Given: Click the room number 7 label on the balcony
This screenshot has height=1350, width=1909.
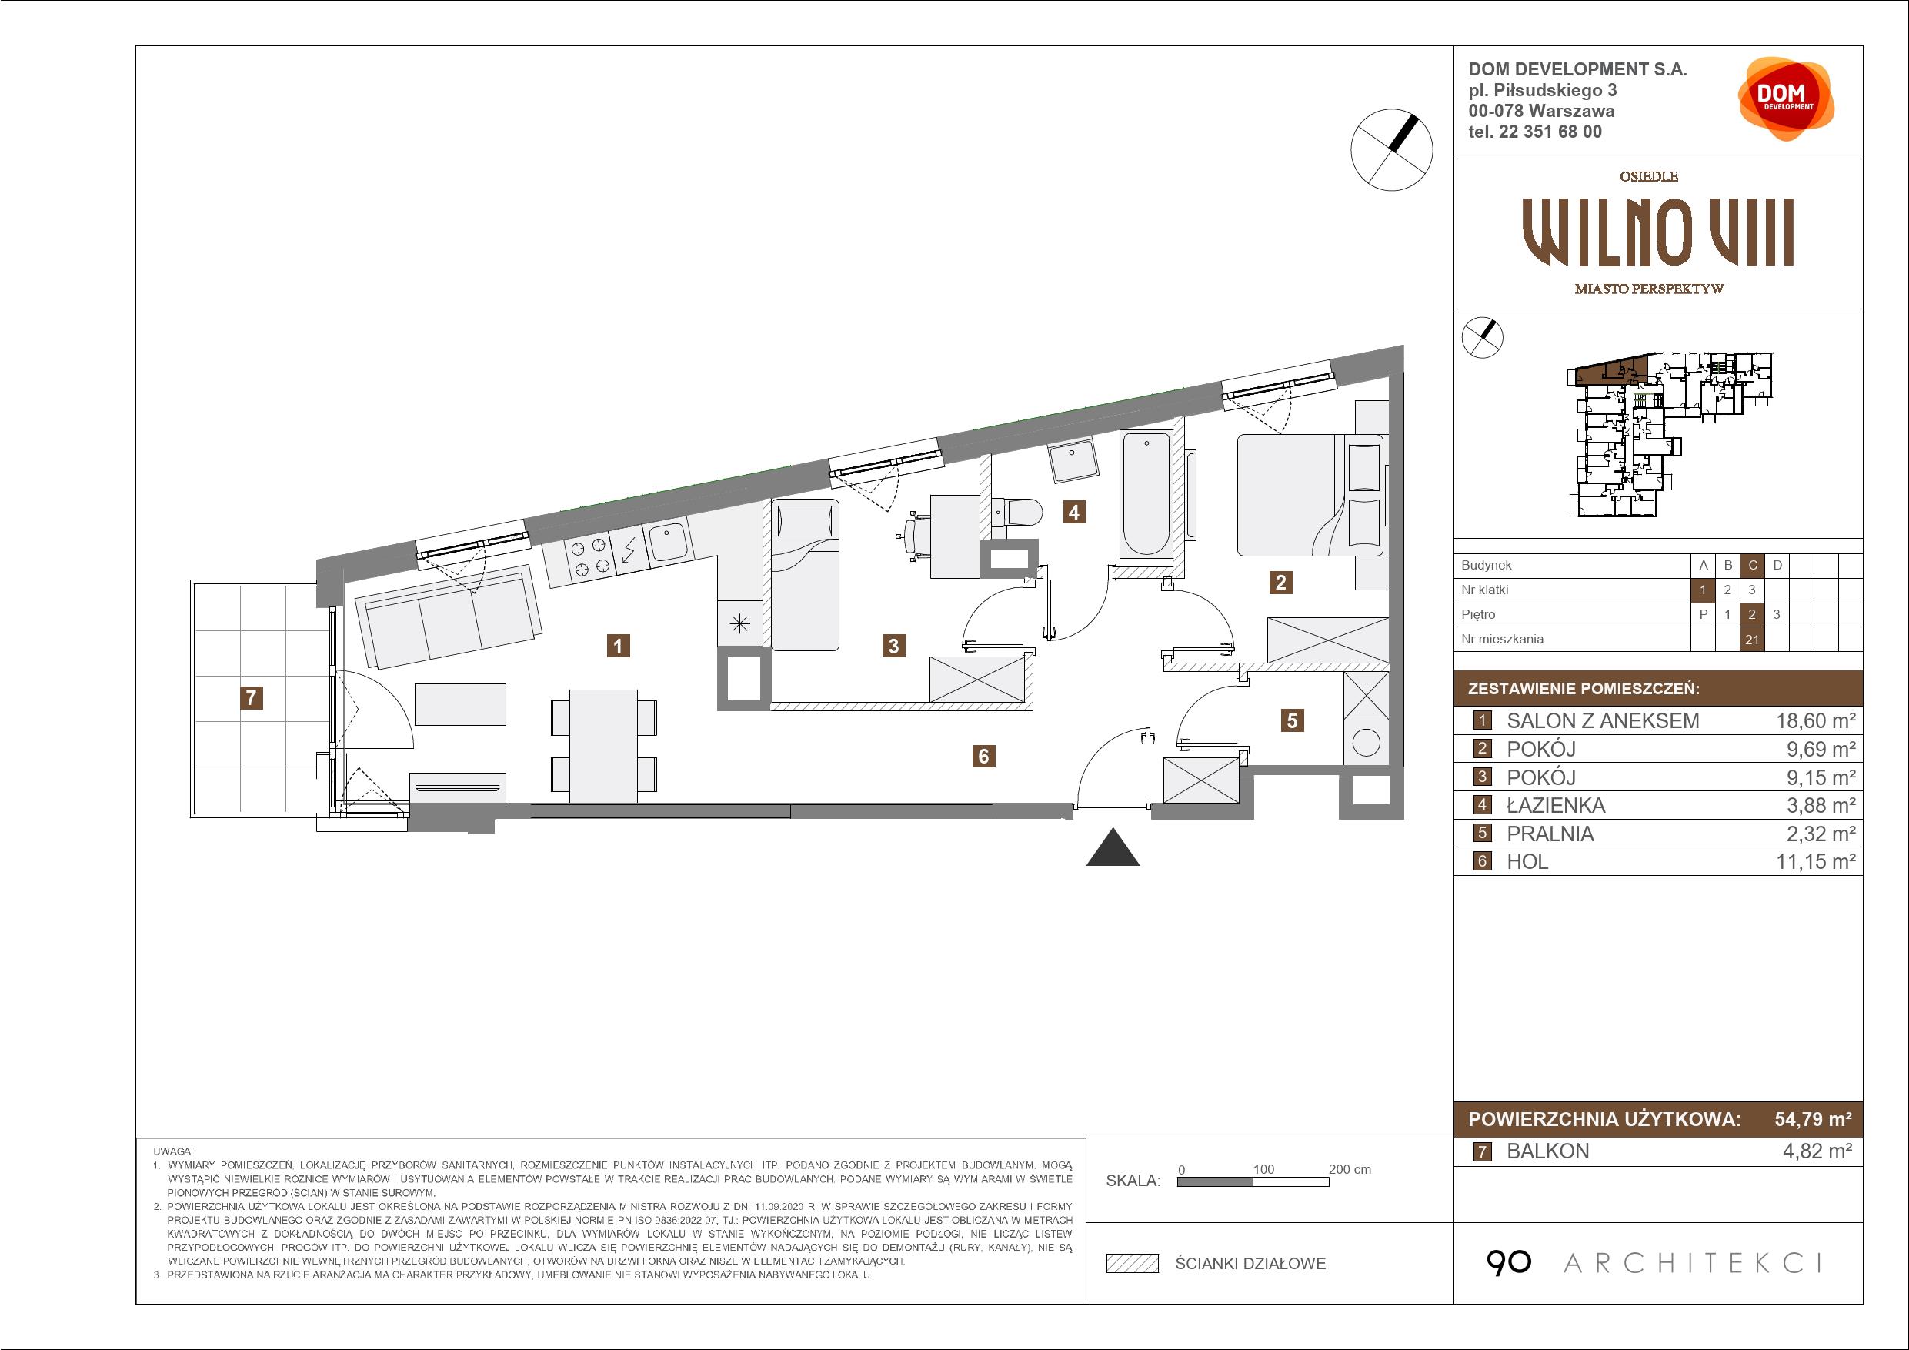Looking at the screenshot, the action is tap(251, 697).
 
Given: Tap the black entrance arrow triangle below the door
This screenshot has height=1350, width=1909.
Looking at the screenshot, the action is tap(1113, 847).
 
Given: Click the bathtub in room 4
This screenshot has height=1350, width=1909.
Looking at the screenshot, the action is tap(1146, 493).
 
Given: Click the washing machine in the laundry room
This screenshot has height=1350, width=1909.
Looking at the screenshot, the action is tap(1366, 742).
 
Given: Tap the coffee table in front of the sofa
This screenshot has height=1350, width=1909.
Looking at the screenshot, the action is tap(461, 704).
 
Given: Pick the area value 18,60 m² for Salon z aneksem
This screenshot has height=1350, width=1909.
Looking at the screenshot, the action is tap(1816, 720).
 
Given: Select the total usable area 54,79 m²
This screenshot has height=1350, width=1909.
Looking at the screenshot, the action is tap(1813, 1119).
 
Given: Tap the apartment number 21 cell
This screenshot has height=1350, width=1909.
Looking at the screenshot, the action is tap(1752, 640).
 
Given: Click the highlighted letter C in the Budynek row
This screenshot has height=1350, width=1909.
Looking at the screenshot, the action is tap(1753, 566).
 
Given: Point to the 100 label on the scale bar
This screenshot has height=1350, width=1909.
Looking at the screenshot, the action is tap(1263, 1168).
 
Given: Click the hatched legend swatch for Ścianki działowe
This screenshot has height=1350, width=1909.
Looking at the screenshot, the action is tap(1133, 1264).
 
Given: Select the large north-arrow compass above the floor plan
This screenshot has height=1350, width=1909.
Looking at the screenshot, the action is tap(1392, 149).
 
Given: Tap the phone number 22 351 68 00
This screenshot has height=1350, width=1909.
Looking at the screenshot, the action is tap(1558, 132).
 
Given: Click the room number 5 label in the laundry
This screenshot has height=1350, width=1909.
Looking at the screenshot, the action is tap(1292, 720).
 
